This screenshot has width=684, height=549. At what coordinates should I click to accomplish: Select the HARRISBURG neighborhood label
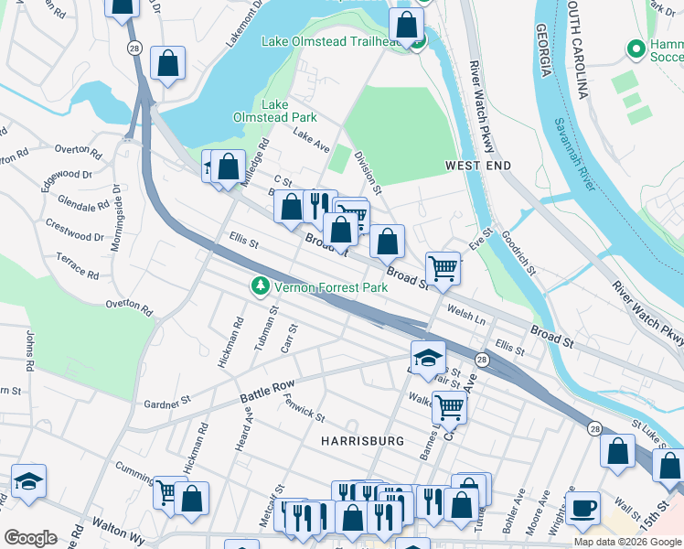362,441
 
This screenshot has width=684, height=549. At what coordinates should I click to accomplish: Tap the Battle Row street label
268,393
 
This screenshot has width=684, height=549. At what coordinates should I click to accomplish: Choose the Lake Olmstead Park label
289,111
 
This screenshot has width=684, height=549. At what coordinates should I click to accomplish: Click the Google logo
30,537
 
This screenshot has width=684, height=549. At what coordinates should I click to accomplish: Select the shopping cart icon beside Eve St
443,268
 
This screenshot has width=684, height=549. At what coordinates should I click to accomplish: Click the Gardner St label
166,401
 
